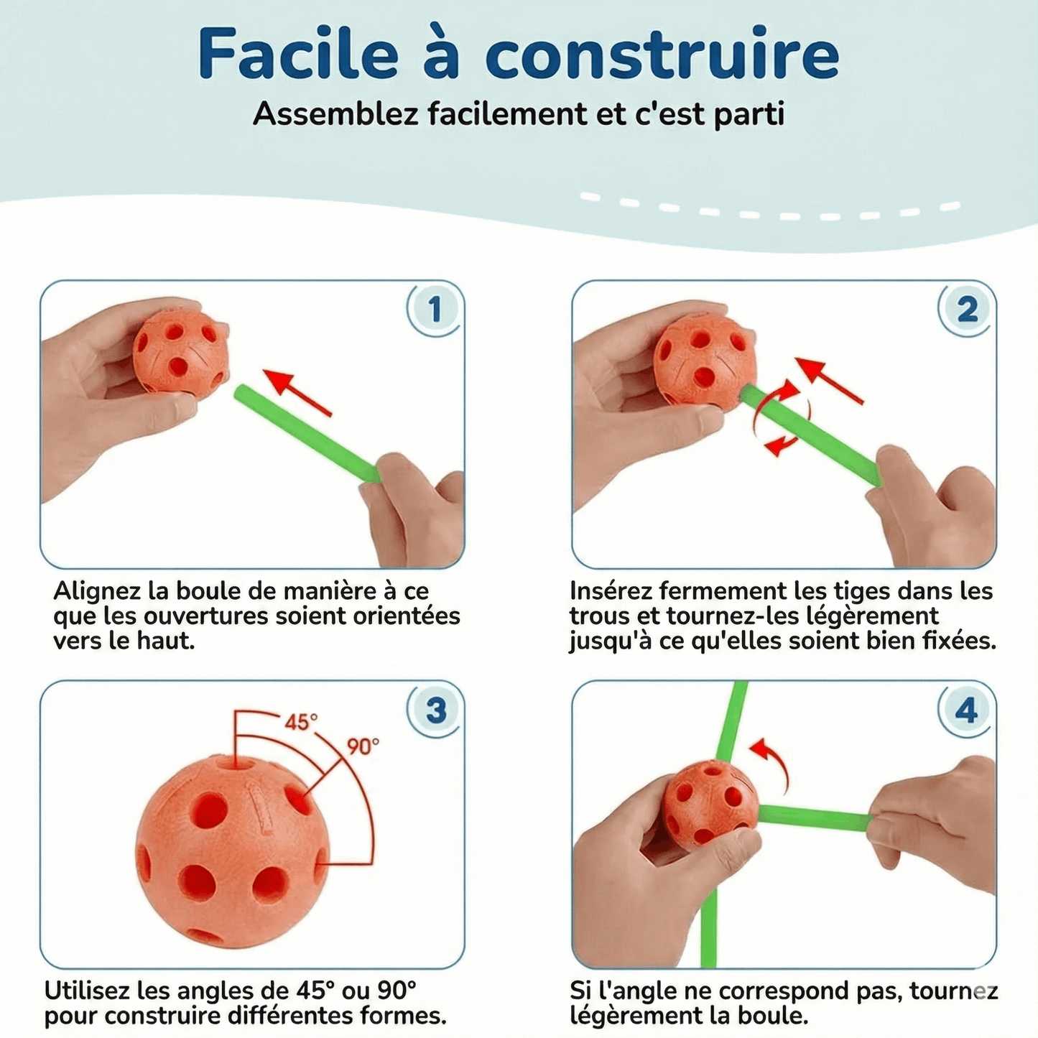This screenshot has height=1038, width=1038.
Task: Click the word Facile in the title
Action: [x=297, y=55]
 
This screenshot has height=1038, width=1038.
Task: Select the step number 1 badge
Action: [x=434, y=310]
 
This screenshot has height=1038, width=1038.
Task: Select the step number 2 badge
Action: [x=967, y=310]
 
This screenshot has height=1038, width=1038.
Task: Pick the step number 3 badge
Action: [x=435, y=710]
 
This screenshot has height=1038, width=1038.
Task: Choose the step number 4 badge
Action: [x=967, y=710]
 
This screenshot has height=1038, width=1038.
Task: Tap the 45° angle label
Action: [x=301, y=722]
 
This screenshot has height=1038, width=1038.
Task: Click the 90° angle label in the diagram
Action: [x=363, y=747]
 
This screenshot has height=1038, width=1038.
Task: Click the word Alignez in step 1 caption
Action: [x=97, y=591]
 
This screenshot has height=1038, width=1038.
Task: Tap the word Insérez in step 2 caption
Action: [x=611, y=591]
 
